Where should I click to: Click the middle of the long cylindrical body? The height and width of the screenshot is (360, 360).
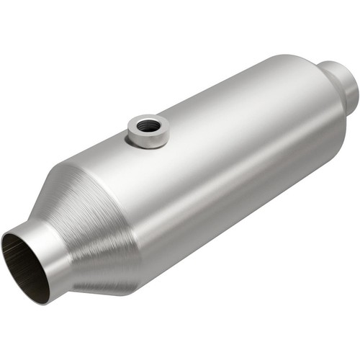coord(216,166)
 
